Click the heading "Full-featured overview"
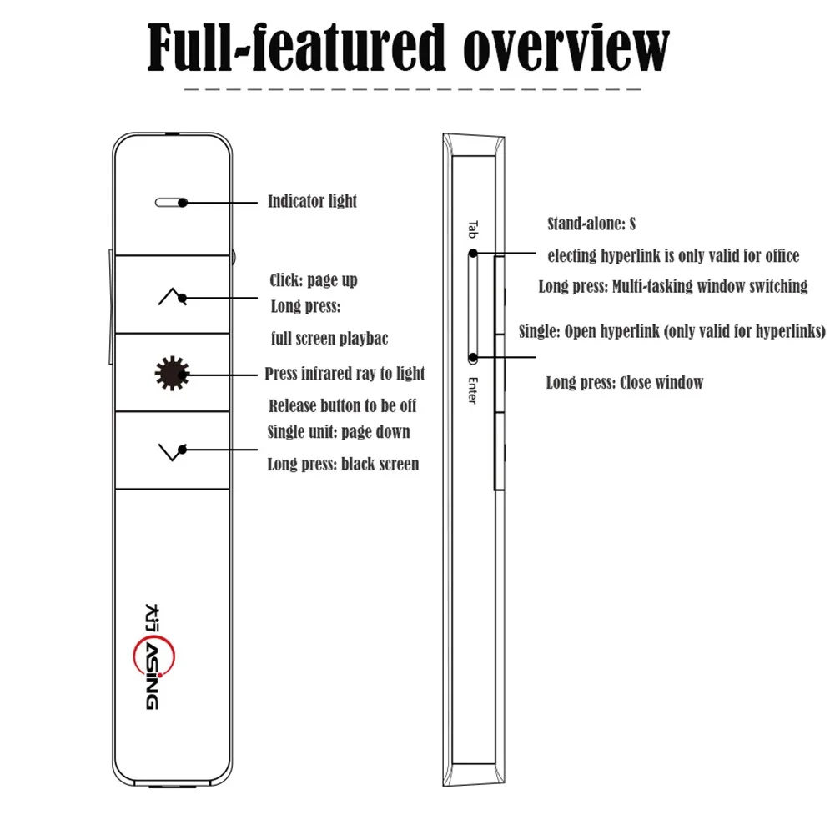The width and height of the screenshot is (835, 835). [x=408, y=48]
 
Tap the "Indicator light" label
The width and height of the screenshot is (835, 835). [x=312, y=201]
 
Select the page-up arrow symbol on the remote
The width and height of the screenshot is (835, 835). [x=169, y=297]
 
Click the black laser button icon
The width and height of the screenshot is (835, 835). [x=172, y=373]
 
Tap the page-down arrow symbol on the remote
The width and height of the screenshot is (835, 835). [x=170, y=450]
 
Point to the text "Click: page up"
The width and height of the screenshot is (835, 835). [x=314, y=280]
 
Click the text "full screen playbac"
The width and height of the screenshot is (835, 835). [x=329, y=339]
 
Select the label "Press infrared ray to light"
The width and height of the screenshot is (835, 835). [x=345, y=374]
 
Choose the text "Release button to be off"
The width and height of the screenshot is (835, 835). [x=342, y=406]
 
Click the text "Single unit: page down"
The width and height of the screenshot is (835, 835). [x=339, y=432]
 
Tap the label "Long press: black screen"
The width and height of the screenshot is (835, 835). [x=343, y=464]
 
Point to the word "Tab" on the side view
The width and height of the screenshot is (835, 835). [x=471, y=229]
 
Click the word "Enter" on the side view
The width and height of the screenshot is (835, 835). [x=472, y=390]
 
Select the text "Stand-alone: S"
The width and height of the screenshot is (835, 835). [x=591, y=224]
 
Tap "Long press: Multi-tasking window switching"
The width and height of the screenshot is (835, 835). [x=673, y=287]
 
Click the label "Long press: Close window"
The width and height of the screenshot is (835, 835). [x=625, y=383]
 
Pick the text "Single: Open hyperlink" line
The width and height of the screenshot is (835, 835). [x=672, y=331]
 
